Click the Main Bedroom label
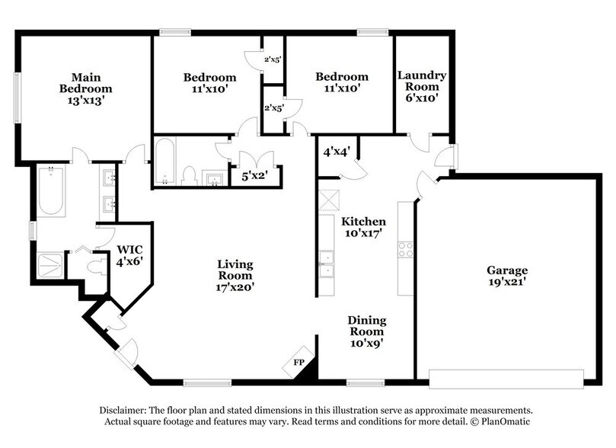(x=86, y=88)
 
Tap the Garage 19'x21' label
(x=508, y=276)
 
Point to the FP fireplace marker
(x=300, y=363)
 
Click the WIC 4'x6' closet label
(x=129, y=254)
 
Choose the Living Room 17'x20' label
(x=235, y=276)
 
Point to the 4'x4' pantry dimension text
(x=336, y=150)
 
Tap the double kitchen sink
(x=325, y=263)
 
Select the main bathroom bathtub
(x=50, y=190)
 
